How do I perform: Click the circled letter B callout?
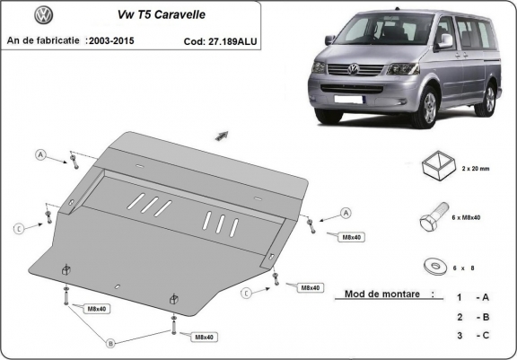click(x=111, y=343)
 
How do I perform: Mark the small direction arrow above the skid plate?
click(x=219, y=136)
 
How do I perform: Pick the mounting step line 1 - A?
click(x=472, y=297)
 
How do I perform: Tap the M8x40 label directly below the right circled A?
click(x=351, y=237)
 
